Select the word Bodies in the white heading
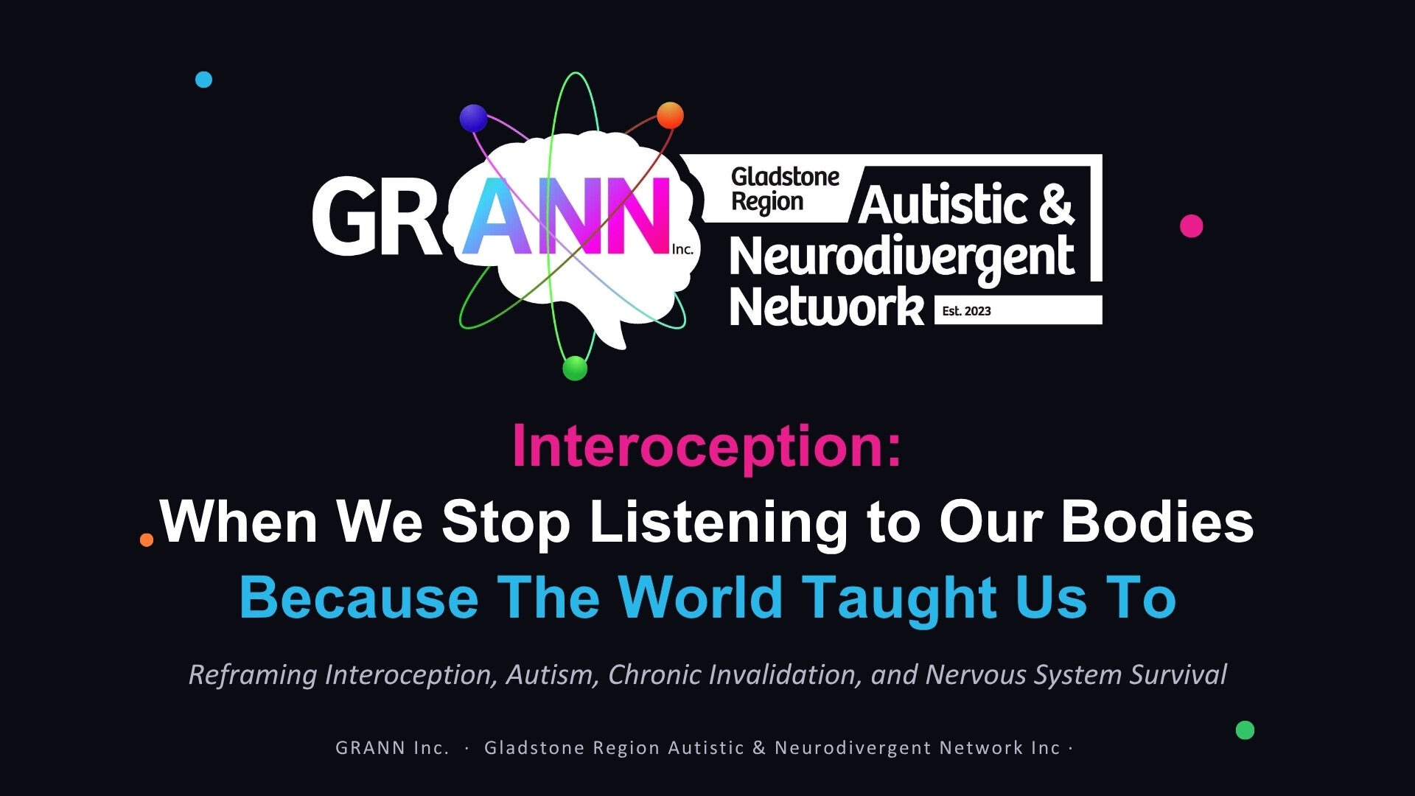click(1157, 521)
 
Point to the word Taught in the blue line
click(899, 599)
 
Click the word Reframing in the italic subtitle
click(253, 675)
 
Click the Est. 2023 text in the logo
click(966, 311)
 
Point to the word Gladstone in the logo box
click(785, 177)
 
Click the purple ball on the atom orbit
click(473, 118)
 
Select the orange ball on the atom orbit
click(670, 116)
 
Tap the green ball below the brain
click(575, 368)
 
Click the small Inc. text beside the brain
click(682, 249)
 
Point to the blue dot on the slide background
click(203, 80)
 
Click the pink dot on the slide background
click(1191, 226)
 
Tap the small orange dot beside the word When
click(147, 540)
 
